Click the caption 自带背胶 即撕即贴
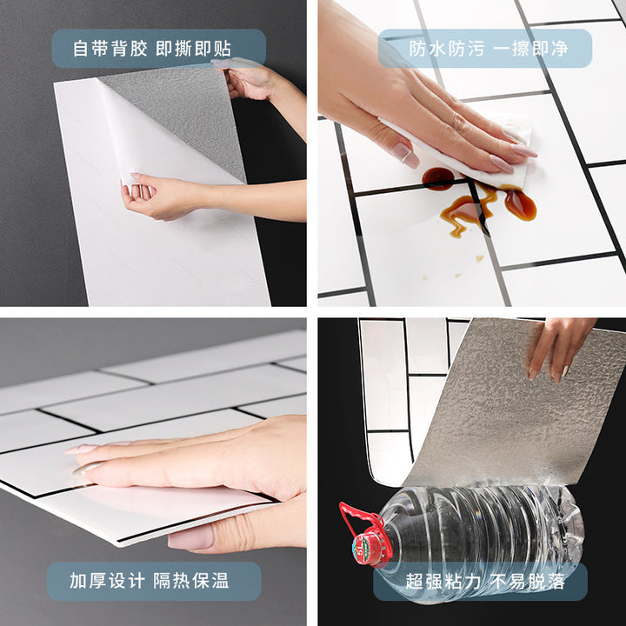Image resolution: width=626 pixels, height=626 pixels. click(151, 49)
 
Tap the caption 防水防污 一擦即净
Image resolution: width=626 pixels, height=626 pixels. click(489, 49)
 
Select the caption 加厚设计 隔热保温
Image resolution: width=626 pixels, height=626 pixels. click(150, 581)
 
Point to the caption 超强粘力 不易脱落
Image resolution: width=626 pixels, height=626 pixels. click(485, 582)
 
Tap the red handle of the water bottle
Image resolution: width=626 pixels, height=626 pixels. click(356, 519)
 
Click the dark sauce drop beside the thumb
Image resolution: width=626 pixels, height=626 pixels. click(438, 177)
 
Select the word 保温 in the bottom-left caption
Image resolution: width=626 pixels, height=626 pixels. click(210, 581)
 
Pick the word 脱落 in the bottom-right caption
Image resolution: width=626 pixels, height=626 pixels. click(546, 582)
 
